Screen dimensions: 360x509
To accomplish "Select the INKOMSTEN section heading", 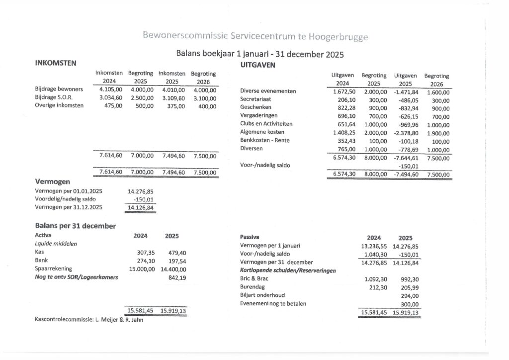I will (55, 63).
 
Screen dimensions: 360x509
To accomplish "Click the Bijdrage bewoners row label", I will (59, 90).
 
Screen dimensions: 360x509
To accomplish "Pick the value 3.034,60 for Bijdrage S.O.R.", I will (111, 97).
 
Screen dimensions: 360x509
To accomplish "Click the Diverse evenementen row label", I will (268, 91).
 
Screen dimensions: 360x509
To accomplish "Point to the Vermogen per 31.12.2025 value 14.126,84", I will (140, 207).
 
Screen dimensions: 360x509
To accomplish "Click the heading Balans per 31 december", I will (75, 226).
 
